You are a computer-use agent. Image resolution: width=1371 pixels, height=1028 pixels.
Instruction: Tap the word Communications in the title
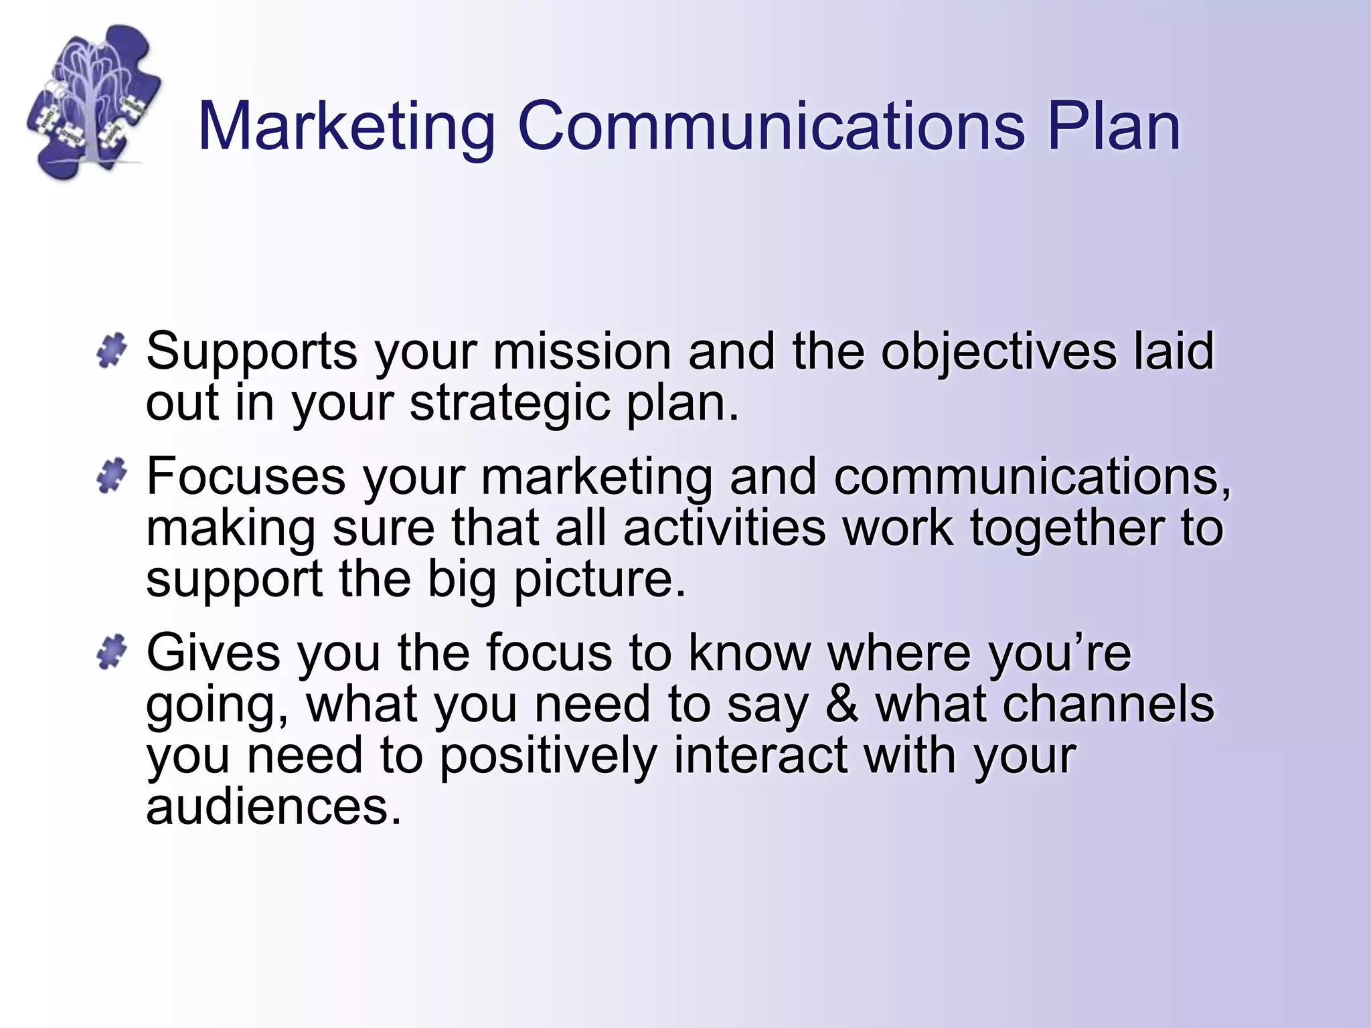(x=771, y=126)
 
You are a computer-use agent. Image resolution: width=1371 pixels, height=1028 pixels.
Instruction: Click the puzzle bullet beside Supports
(x=111, y=350)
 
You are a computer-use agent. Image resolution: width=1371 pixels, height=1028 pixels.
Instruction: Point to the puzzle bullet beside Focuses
(x=111, y=476)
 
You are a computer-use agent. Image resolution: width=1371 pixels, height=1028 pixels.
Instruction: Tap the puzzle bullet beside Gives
(x=111, y=651)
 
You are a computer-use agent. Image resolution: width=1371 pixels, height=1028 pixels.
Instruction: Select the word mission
(x=582, y=351)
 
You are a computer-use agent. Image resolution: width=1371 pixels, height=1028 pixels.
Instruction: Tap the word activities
(x=724, y=527)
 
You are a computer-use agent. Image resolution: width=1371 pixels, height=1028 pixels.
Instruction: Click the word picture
(x=600, y=580)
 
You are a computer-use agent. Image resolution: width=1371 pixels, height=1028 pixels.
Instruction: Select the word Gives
(x=213, y=653)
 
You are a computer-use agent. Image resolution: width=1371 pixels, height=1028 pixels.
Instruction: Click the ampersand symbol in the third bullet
(x=841, y=704)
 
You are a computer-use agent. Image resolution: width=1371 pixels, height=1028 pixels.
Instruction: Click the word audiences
(x=274, y=806)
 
